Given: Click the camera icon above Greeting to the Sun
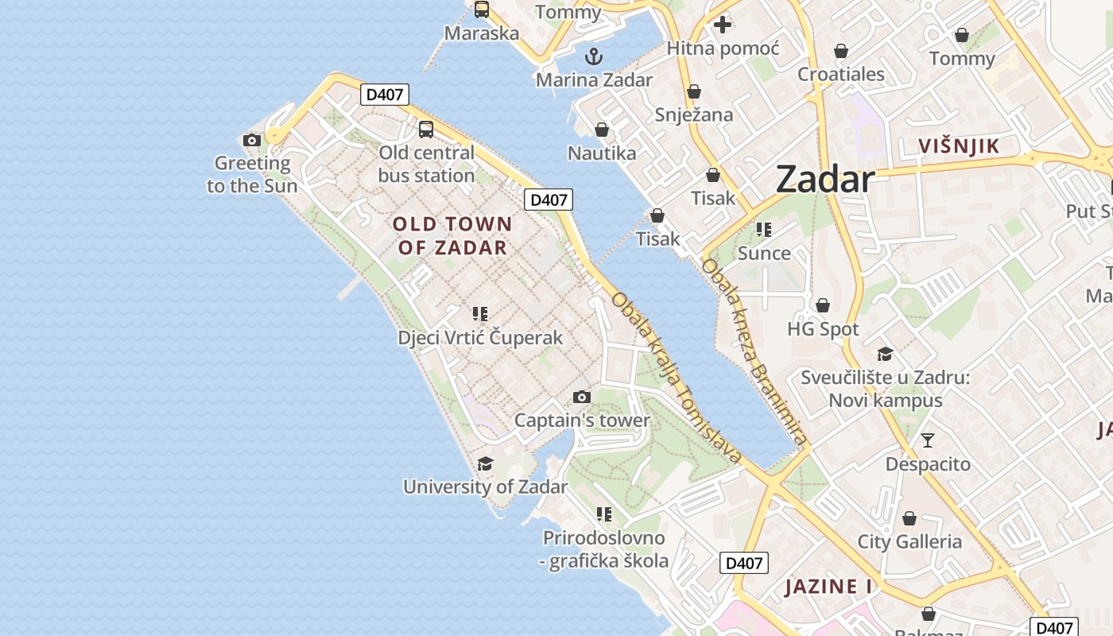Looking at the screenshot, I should tap(252, 141).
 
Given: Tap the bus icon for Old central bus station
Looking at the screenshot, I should tap(426, 129).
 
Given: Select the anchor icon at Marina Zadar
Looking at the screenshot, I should tap(593, 56).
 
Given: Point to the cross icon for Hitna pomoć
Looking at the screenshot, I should tap(722, 25).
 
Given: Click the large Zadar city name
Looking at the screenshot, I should tap(825, 179).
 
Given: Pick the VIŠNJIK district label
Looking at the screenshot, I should tap(959, 146).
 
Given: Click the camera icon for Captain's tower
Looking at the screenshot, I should tap(582, 397).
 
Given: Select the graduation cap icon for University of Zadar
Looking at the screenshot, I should tap(485, 463).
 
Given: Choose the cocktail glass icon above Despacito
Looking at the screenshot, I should tap(928, 440).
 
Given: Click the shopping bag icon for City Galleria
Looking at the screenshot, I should tap(909, 518).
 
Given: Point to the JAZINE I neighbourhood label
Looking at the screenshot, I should tap(828, 587).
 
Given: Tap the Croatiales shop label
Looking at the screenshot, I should tap(841, 74).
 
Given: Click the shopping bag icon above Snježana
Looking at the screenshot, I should tap(694, 91).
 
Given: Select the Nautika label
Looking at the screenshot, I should tap(602, 153).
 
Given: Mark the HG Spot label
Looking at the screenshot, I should tap(823, 328).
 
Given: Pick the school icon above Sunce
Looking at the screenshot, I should tap(764, 230).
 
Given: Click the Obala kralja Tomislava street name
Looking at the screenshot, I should tap(677, 378).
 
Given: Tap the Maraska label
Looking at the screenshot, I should tap(482, 33).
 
